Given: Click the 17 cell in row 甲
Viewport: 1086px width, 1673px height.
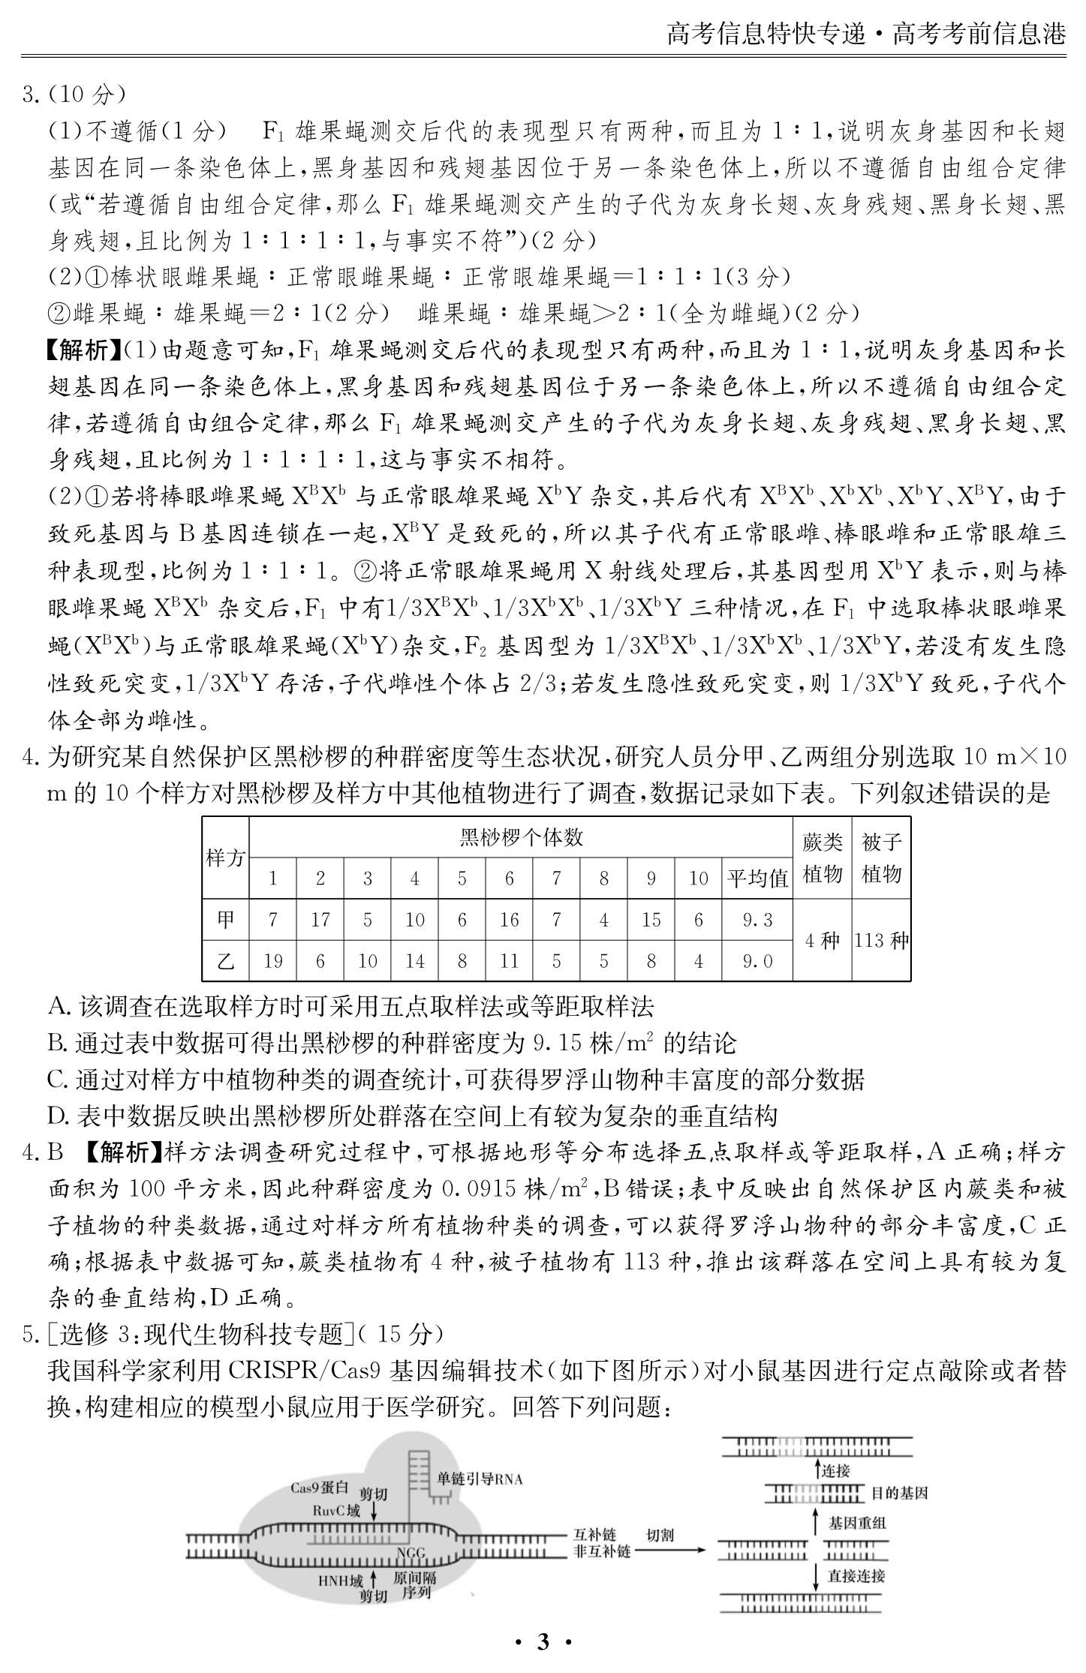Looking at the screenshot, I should (320, 920).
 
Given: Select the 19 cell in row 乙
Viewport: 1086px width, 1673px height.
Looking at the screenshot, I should (273, 961).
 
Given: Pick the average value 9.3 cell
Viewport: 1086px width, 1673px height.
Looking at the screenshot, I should (757, 920).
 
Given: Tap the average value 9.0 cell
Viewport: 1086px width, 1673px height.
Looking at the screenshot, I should (757, 961).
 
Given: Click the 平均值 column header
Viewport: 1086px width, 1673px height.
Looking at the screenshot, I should (757, 879).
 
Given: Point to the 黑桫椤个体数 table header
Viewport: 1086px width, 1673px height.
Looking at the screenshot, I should (521, 837).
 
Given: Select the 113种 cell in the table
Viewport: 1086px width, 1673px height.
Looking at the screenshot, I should (881, 941).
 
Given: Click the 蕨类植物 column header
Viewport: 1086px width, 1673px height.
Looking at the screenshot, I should (823, 858).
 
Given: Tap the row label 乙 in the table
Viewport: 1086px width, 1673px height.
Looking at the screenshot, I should (226, 961).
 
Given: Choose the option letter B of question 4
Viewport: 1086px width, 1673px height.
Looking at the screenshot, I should (57, 1043).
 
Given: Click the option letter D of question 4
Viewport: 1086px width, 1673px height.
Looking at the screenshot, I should (58, 1116).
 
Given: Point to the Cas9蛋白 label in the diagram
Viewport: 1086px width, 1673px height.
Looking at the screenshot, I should (319, 1488).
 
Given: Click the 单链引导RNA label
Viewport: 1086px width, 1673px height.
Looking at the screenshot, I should (480, 1479).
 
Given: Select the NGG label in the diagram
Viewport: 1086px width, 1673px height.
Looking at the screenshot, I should (411, 1552).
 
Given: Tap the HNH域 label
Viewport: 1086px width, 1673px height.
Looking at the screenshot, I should (340, 1581).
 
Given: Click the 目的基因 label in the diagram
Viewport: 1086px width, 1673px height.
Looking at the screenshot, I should (899, 1493).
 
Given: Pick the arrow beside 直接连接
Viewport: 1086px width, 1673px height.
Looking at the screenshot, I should (817, 1576).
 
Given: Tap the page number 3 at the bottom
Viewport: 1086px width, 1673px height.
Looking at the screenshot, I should (543, 1642).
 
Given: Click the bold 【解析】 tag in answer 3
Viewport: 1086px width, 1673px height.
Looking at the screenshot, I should (83, 350).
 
